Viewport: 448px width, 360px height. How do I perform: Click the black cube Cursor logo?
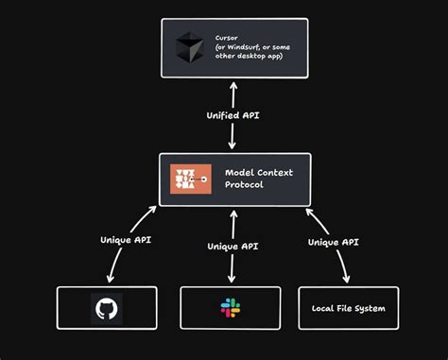[190, 47]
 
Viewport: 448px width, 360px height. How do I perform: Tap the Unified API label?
[233, 115]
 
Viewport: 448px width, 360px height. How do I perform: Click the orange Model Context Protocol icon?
[191, 180]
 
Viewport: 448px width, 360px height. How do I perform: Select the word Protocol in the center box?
[245, 185]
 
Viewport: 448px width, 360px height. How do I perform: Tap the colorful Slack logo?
[232, 308]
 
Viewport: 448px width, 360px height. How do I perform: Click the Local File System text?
[349, 308]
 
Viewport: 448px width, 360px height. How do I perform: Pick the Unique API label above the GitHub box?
[128, 239]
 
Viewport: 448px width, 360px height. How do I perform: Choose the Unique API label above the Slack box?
[233, 247]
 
